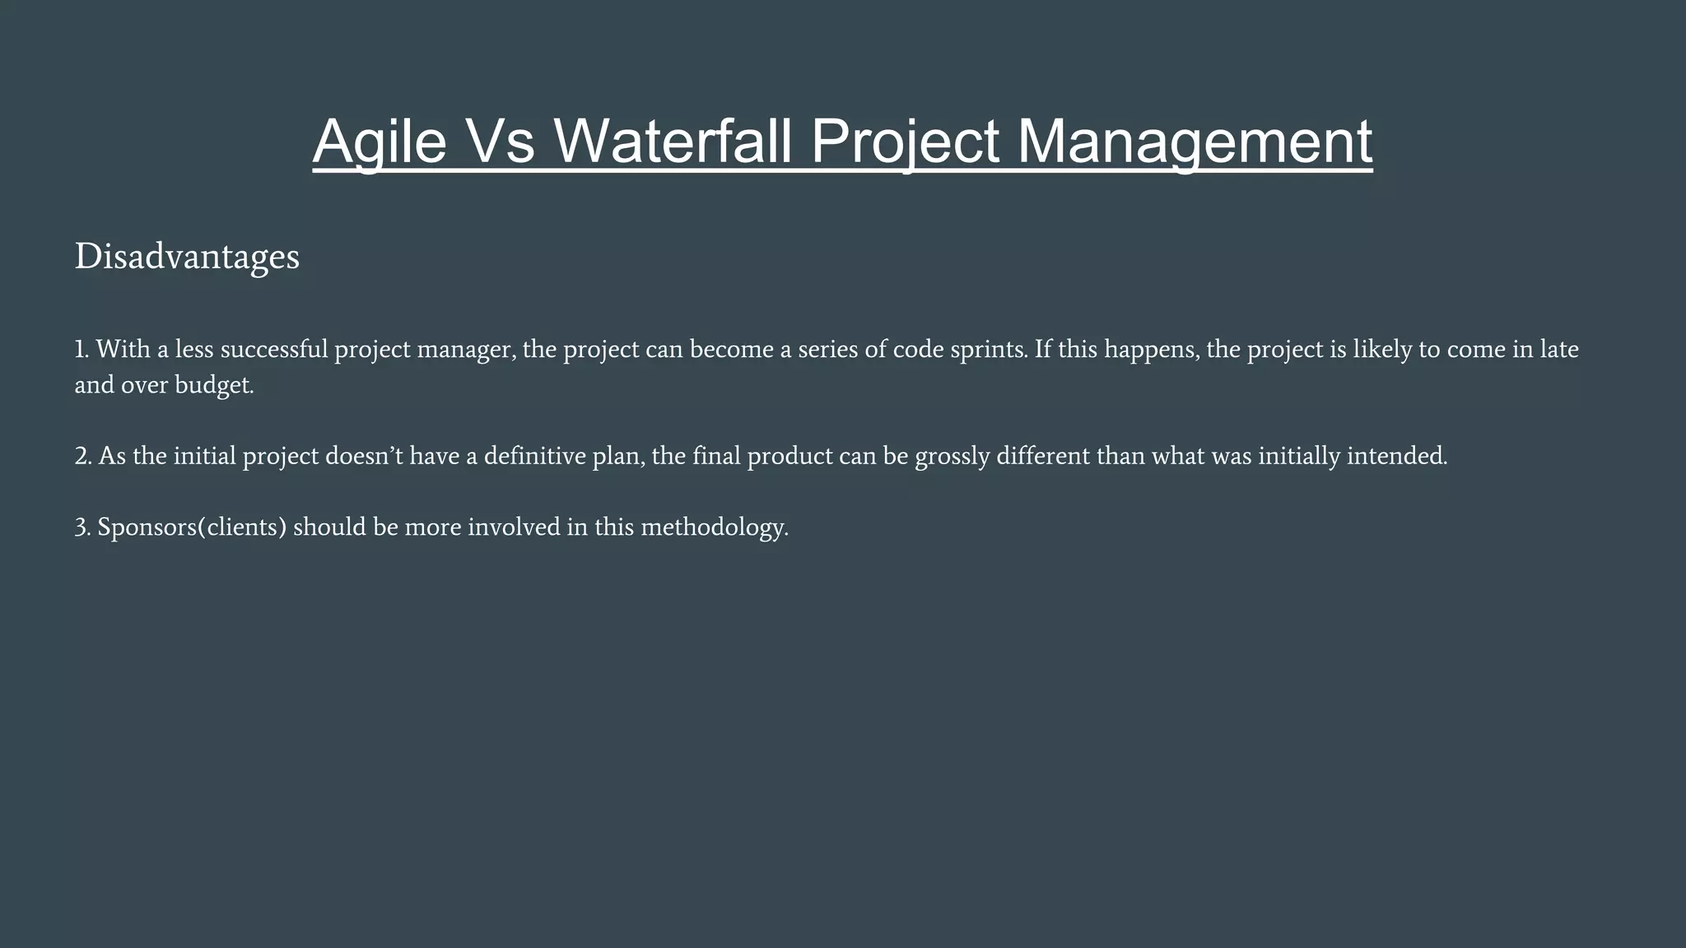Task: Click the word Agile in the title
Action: (380, 142)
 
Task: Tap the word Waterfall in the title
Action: (673, 142)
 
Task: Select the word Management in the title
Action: (1195, 142)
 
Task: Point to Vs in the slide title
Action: (501, 142)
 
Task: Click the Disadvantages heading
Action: (187, 257)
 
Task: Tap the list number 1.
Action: (81, 350)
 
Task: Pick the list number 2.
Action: (82, 456)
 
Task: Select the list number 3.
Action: (82, 527)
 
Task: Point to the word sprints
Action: (988, 350)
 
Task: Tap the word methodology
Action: (714, 527)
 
